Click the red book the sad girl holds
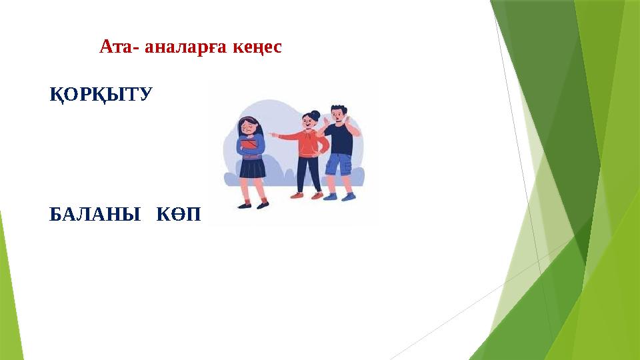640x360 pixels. (250, 144)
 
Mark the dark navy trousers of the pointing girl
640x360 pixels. (307, 173)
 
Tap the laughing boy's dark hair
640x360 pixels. (339, 109)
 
